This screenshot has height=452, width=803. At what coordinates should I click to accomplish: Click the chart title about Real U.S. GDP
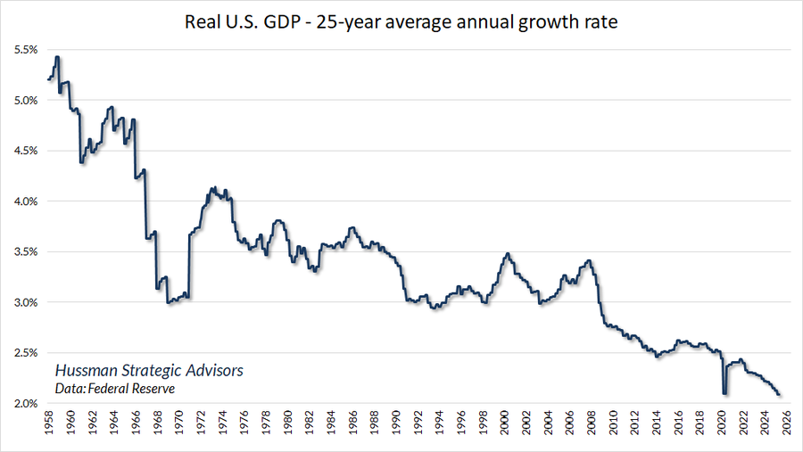pyautogui.click(x=401, y=21)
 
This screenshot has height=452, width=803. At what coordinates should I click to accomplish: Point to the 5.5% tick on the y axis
pyautogui.click(x=24, y=50)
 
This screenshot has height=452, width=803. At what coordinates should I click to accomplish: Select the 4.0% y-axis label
pyautogui.click(x=24, y=201)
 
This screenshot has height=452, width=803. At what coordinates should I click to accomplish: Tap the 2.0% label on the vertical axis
pyautogui.click(x=24, y=404)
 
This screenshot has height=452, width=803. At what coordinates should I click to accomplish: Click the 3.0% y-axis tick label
pyautogui.click(x=24, y=303)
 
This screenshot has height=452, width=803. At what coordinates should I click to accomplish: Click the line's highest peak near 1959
pyautogui.click(x=57, y=57)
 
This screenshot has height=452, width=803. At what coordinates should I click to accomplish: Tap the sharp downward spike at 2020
pyautogui.click(x=725, y=393)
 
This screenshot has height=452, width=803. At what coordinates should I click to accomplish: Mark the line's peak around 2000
pyautogui.click(x=508, y=254)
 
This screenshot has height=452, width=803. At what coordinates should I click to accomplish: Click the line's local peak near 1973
pyautogui.click(x=212, y=187)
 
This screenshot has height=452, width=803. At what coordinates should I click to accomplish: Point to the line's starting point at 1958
pyautogui.click(x=47, y=80)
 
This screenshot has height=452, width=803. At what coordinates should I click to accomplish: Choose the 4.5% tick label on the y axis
pyautogui.click(x=24, y=151)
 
